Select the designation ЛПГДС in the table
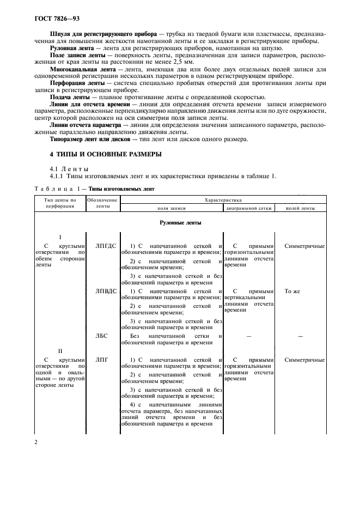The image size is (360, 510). pos(106,246)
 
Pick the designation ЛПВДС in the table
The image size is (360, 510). pos(106,292)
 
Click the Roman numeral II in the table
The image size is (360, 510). pos(60,351)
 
